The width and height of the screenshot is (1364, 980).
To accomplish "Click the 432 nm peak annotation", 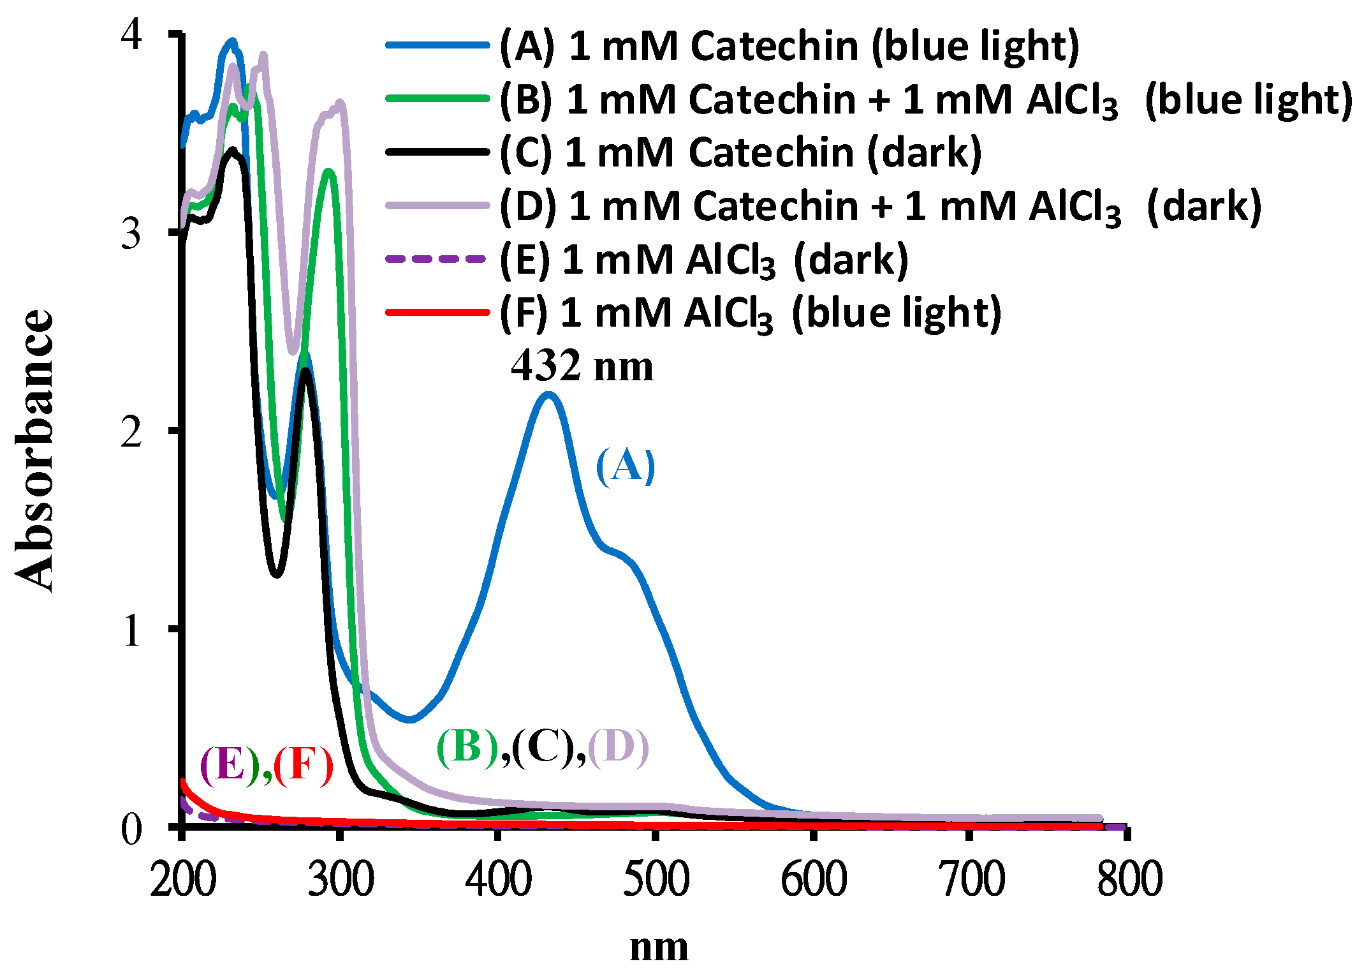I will [582, 367].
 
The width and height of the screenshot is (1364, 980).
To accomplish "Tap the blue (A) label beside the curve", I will [625, 466].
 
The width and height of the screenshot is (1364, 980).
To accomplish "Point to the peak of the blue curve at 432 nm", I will [548, 394].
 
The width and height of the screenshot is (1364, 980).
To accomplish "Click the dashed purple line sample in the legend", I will [437, 259].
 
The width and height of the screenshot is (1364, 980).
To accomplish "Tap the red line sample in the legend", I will [437, 312].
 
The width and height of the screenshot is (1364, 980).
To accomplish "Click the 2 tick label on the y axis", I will [131, 432].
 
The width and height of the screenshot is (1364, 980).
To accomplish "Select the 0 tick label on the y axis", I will [131, 829].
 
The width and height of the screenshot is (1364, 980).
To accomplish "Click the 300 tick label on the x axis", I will [341, 879].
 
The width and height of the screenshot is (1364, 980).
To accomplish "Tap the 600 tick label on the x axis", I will [814, 879].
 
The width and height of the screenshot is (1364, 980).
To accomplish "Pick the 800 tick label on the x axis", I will [1129, 879].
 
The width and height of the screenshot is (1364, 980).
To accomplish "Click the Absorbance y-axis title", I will [35, 450].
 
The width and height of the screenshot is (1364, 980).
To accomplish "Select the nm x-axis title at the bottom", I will [659, 947].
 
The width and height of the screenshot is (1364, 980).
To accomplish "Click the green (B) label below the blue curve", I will [467, 746].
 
